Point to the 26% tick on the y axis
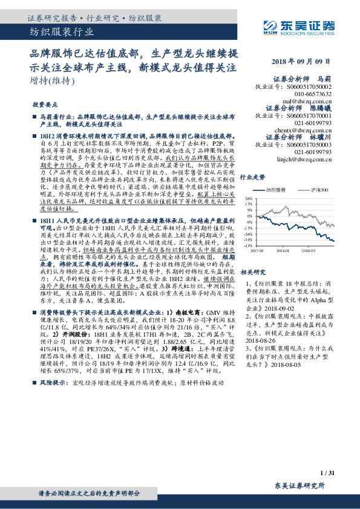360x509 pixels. click(247, 198)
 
